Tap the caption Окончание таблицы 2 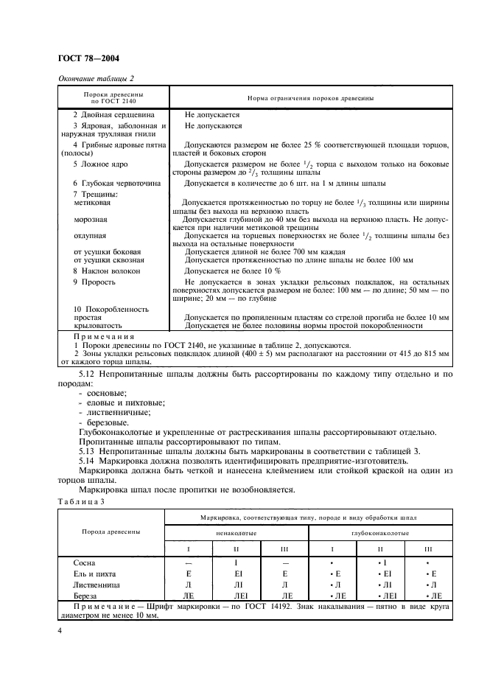[x=96, y=79]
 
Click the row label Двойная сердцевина [x=110, y=115]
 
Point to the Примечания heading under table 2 [x=101, y=335]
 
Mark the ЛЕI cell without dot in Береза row [x=237, y=595]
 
